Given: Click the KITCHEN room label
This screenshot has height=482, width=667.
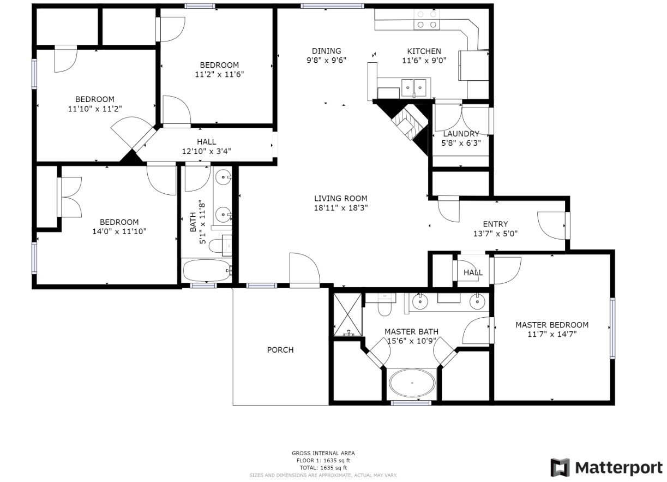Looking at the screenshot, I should (421, 51).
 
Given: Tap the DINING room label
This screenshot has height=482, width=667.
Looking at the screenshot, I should (326, 51).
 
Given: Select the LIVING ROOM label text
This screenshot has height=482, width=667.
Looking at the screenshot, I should (340, 199).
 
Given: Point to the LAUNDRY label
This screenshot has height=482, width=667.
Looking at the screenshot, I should (461, 134).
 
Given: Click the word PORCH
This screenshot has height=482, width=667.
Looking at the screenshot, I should (280, 350).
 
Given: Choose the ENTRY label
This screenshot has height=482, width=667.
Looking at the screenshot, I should (495, 224).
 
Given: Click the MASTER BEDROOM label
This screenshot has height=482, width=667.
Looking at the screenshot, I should (552, 325).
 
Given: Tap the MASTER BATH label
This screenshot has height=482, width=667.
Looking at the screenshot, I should (411, 331).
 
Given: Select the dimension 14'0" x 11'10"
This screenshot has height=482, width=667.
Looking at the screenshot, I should (119, 231).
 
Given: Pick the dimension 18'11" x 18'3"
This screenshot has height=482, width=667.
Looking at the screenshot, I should (340, 207).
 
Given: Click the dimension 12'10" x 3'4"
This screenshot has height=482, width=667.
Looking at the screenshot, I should (206, 151).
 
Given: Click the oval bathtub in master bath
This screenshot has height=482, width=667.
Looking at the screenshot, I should (412, 384).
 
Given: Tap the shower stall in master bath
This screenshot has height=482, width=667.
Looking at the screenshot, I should (347, 314).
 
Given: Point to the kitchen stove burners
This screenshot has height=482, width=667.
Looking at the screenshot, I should (426, 20).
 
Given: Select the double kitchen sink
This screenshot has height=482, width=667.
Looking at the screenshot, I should (414, 86).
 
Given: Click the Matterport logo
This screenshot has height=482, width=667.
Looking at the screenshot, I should (606, 468).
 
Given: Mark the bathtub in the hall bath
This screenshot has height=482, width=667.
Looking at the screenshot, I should (207, 270).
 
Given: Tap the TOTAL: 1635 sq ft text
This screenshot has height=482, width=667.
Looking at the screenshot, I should (323, 468).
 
